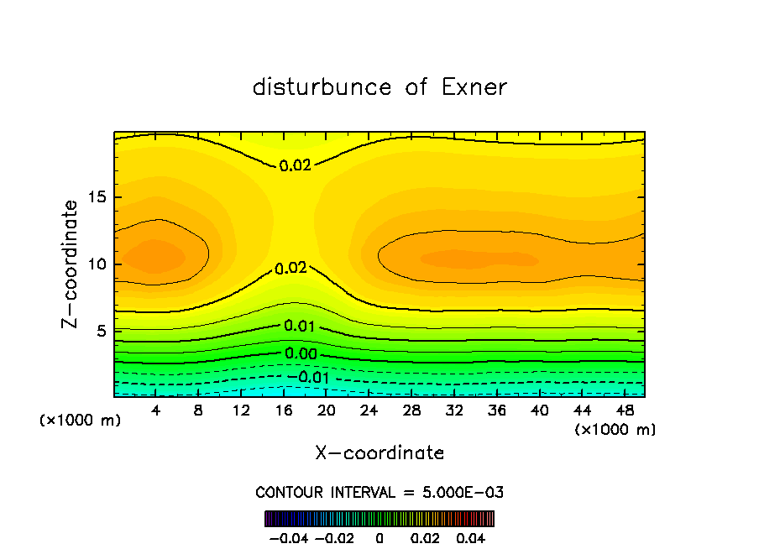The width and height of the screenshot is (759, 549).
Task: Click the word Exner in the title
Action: (x=474, y=87)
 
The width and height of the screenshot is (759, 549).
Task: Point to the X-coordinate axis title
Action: (x=379, y=453)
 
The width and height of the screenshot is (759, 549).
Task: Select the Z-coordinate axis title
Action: (x=71, y=264)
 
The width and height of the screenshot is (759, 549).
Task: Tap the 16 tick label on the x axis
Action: (x=284, y=410)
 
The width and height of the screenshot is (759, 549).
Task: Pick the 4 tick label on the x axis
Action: (x=155, y=410)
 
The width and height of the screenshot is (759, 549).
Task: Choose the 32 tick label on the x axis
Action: (x=454, y=410)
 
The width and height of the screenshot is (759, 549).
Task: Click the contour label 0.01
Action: (x=300, y=327)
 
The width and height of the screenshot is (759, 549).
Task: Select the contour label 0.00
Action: (x=301, y=354)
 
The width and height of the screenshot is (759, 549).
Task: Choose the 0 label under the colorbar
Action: (x=379, y=537)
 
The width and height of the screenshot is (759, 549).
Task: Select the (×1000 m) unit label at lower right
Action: (x=615, y=430)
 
